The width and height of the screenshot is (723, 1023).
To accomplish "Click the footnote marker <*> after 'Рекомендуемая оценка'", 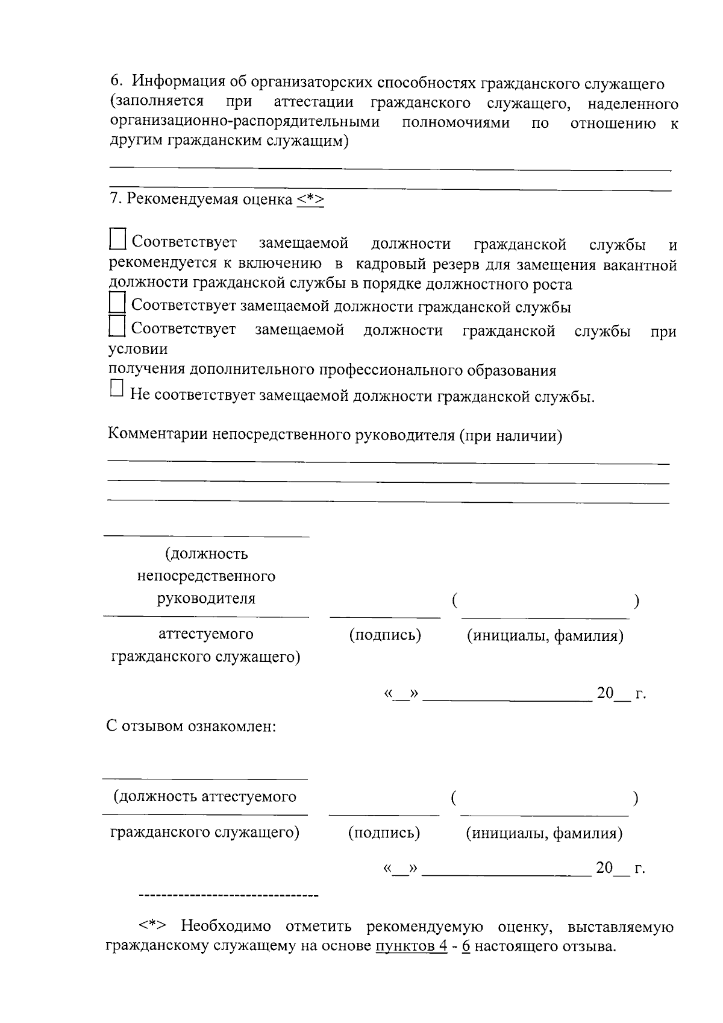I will point(310,200).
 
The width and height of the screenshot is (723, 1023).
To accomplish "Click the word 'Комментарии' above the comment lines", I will point(158,434).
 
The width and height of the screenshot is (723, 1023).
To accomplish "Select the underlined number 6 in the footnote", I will point(465,945).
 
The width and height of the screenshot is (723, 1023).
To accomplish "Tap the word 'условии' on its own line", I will point(138,349).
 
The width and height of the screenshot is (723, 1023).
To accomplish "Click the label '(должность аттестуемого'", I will point(205,796).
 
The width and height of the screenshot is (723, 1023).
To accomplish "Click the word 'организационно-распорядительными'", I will point(245,122).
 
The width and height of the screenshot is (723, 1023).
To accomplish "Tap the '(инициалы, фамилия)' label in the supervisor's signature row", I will point(545,635).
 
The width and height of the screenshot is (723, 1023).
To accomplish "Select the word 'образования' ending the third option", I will point(511,370).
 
